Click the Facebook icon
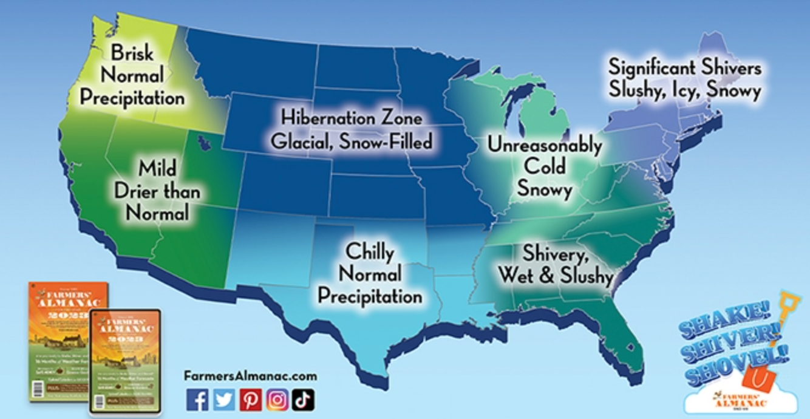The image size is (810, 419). pos(197,399)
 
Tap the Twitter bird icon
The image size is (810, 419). pos(224,399)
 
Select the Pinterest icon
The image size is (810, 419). pos(250,399)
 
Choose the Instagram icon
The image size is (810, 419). pos(277,399)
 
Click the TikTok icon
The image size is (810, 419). pos(303,399)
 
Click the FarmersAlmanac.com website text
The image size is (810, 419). pos(250,376)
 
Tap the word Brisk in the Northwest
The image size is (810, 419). pos(132,53)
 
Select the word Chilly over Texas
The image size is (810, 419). pos(369,251)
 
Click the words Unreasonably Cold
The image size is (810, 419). pos(545,155)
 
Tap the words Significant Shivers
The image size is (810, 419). pos(684,67)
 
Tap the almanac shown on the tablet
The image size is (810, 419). pos(125,361)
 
